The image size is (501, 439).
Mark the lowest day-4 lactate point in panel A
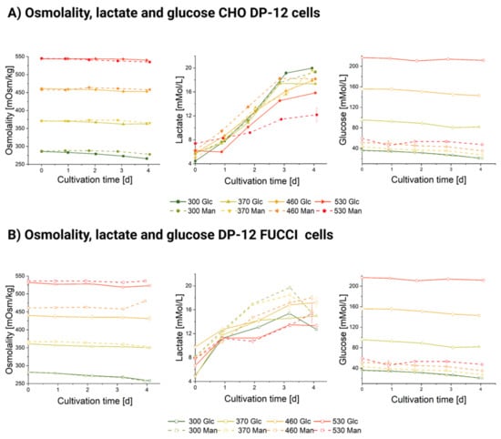pos(313,114)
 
